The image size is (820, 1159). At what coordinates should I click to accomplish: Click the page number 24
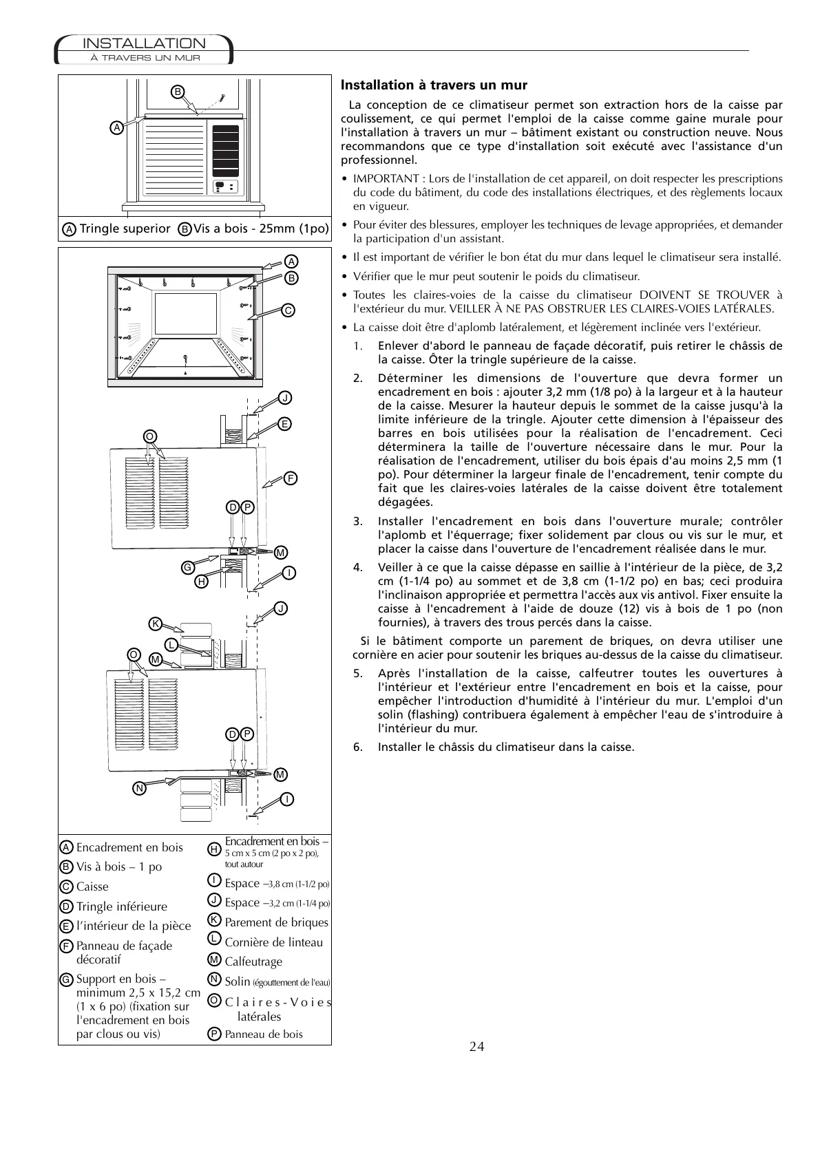[x=477, y=1047]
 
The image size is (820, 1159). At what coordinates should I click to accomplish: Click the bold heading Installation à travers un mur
[x=434, y=85]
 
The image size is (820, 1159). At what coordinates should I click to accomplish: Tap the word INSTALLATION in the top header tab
[x=144, y=44]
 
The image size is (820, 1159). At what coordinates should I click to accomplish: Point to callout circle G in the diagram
[x=187, y=567]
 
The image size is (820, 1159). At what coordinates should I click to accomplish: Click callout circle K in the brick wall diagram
[x=156, y=624]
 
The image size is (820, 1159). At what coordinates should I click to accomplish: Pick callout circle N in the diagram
[x=140, y=787]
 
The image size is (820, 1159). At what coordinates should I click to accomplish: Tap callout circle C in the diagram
[x=289, y=310]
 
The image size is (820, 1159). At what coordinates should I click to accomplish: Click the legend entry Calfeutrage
[x=253, y=961]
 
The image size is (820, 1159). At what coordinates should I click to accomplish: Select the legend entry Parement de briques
[x=276, y=922]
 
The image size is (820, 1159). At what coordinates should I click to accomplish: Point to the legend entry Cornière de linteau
[x=273, y=942]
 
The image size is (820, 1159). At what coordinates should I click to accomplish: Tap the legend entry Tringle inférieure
[x=121, y=906]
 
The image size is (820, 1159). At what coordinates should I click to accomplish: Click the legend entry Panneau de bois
[x=263, y=1034]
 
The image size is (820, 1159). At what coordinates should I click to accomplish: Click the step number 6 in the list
[x=357, y=747]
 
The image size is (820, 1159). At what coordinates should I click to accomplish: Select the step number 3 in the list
[x=357, y=521]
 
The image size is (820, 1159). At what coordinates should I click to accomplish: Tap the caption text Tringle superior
[x=125, y=228]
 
